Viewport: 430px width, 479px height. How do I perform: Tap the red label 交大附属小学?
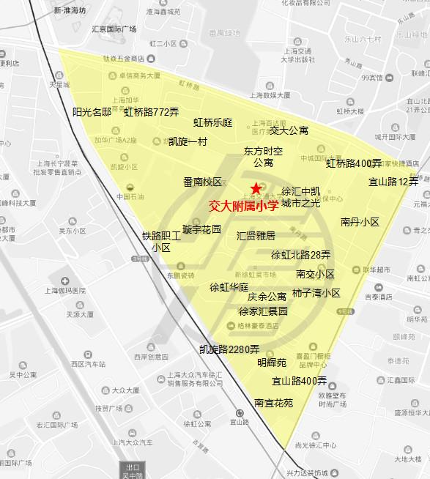[x=243, y=207]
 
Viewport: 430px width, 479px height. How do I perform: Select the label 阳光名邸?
[x=92, y=112]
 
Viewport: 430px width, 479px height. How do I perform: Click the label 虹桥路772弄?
[x=151, y=113]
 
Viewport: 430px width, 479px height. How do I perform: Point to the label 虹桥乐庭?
[x=212, y=123]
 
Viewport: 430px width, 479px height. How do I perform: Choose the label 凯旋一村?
[x=188, y=141]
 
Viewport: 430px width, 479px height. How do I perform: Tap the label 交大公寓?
[x=289, y=130]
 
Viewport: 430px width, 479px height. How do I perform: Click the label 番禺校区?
[x=202, y=182]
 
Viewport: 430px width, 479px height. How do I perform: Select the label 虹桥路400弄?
[x=354, y=163]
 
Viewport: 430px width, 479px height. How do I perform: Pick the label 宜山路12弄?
[x=393, y=182]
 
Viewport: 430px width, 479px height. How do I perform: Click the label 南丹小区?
[x=360, y=222]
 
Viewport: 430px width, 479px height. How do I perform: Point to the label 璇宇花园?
[x=201, y=229]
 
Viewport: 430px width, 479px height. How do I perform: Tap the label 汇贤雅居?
[x=256, y=236]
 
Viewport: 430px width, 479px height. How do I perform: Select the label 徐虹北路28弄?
[x=300, y=256]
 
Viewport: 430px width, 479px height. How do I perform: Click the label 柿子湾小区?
[x=316, y=293]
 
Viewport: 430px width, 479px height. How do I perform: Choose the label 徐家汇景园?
[x=263, y=311]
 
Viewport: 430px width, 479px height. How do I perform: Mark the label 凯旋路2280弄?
[x=229, y=349]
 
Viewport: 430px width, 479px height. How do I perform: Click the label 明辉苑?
[x=272, y=363]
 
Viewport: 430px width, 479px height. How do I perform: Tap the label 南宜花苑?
[x=273, y=403]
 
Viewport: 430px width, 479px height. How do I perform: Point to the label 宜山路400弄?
[x=299, y=381]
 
